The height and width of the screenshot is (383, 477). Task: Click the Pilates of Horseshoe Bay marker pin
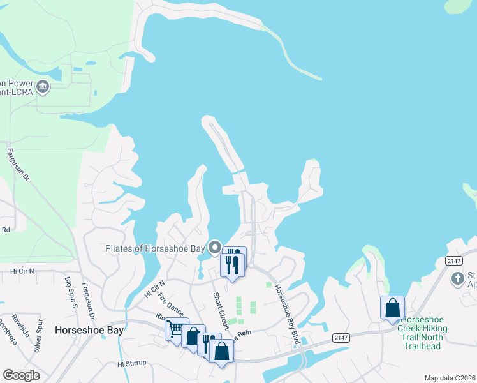click(215, 247)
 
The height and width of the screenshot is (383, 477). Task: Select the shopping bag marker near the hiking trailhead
click(392, 308)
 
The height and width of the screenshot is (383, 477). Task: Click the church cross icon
click(457, 278)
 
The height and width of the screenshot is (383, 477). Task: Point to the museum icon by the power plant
click(43, 86)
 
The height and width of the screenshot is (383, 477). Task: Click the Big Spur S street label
click(70, 292)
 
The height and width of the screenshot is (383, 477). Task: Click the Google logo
click(21, 375)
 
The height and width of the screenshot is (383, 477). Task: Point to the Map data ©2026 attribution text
click(449, 378)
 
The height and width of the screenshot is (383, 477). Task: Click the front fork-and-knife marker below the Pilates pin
click(232, 263)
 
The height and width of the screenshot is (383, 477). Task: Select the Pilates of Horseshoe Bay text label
click(156, 248)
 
